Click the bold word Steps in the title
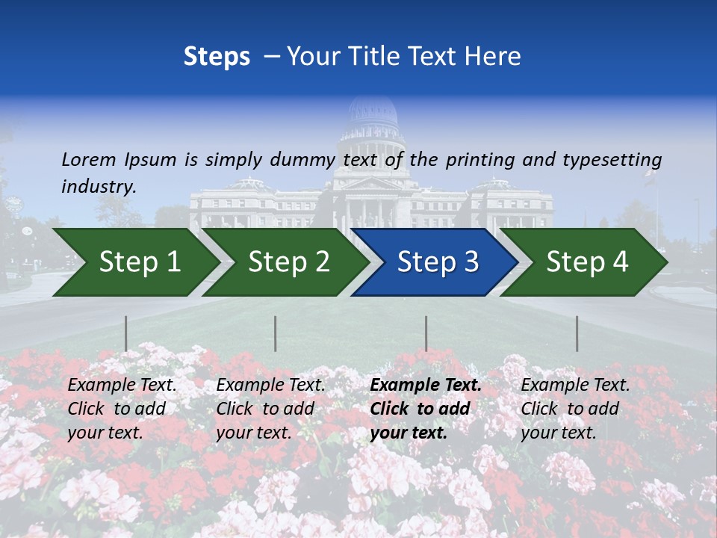click(x=217, y=56)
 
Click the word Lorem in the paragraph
click(x=89, y=159)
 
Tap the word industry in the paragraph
click(x=98, y=187)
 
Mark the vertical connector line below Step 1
click(x=126, y=333)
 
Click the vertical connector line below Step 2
click(x=276, y=333)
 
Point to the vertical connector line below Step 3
click(x=426, y=333)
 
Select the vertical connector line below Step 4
click(x=577, y=333)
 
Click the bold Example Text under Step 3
click(x=426, y=386)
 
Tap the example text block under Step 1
click(x=122, y=409)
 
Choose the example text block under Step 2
click(x=270, y=409)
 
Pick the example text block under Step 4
click(x=575, y=409)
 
